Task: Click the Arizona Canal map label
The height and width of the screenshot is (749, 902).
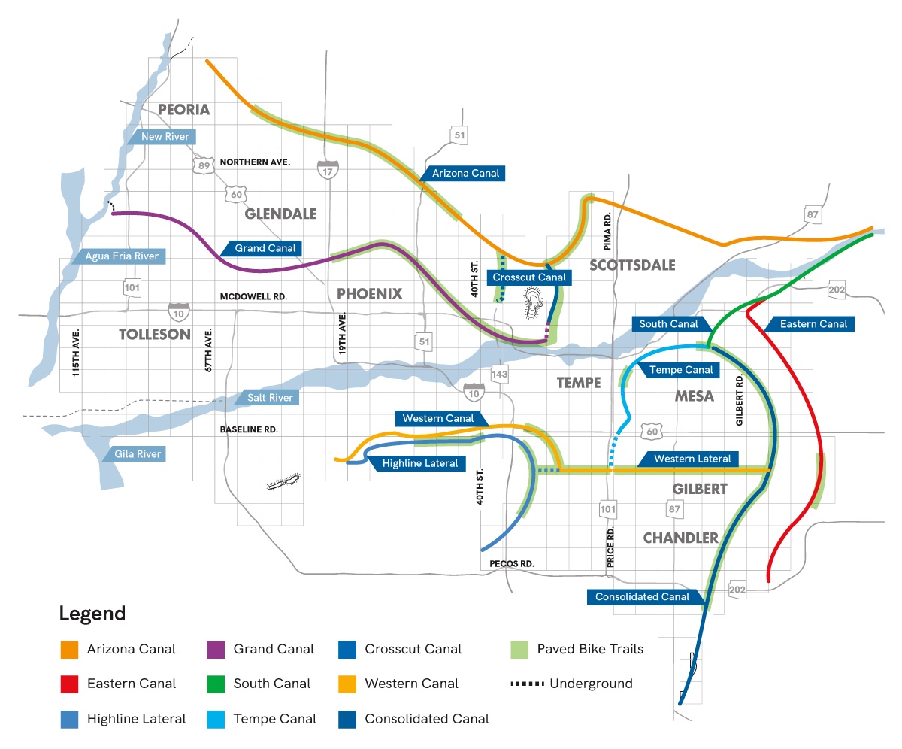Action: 465,173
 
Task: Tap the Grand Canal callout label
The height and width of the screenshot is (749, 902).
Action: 264,247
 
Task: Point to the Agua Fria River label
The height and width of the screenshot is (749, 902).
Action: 120,256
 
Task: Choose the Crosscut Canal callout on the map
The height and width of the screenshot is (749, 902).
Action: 528,277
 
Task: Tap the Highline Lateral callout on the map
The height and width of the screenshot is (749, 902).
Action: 419,463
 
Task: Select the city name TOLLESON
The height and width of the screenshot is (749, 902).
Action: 155,334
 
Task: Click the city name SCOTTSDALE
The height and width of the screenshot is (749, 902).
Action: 632,265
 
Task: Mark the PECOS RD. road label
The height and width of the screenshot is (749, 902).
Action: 510,563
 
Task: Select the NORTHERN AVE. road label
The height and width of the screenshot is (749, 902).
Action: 254,162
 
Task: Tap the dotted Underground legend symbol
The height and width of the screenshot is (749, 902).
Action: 526,684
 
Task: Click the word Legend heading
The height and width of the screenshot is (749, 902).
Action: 92,614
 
